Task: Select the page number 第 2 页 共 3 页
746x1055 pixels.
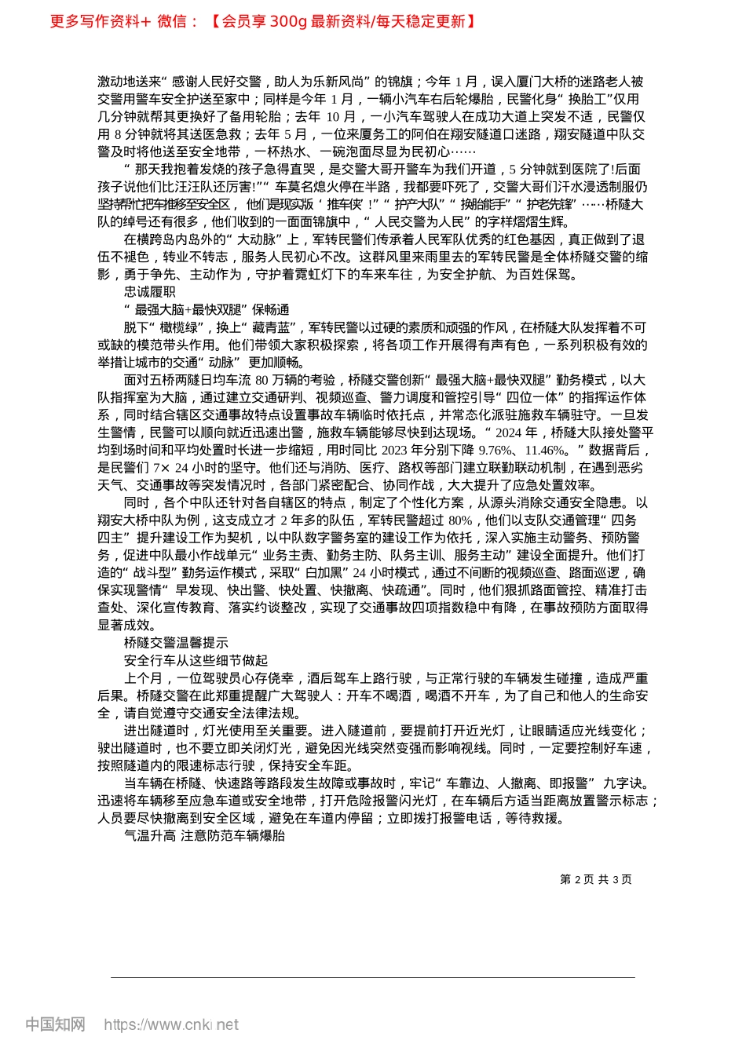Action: click(595, 879)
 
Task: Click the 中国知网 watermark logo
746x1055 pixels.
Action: click(55, 1024)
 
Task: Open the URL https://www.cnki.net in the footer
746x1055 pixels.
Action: click(171, 1024)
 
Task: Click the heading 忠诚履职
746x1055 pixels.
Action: click(149, 292)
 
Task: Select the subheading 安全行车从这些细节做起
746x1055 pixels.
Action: click(196, 660)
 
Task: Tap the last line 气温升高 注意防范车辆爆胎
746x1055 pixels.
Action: click(204, 836)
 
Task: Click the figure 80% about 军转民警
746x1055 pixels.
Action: click(459, 520)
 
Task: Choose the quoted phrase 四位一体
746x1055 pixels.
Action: click(532, 397)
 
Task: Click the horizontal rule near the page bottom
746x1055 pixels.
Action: click(373, 977)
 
